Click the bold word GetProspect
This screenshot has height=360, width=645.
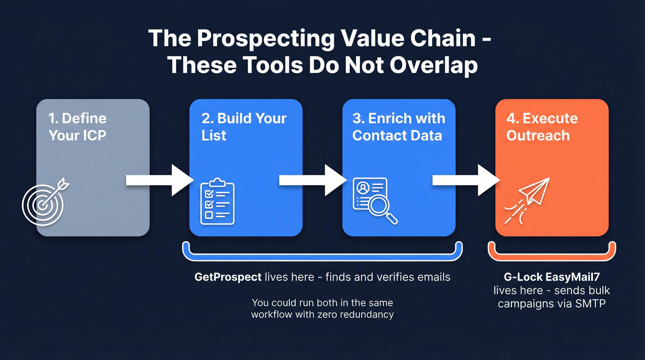pos(228,277)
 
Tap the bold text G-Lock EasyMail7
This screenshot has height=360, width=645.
pos(551,277)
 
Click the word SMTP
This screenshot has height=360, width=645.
pos(591,304)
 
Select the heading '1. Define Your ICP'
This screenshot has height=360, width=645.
pos(77,127)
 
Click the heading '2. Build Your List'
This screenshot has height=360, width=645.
pos(244,127)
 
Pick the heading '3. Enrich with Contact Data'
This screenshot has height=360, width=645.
pos(399,127)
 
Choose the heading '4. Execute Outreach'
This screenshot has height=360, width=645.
pos(542,127)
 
